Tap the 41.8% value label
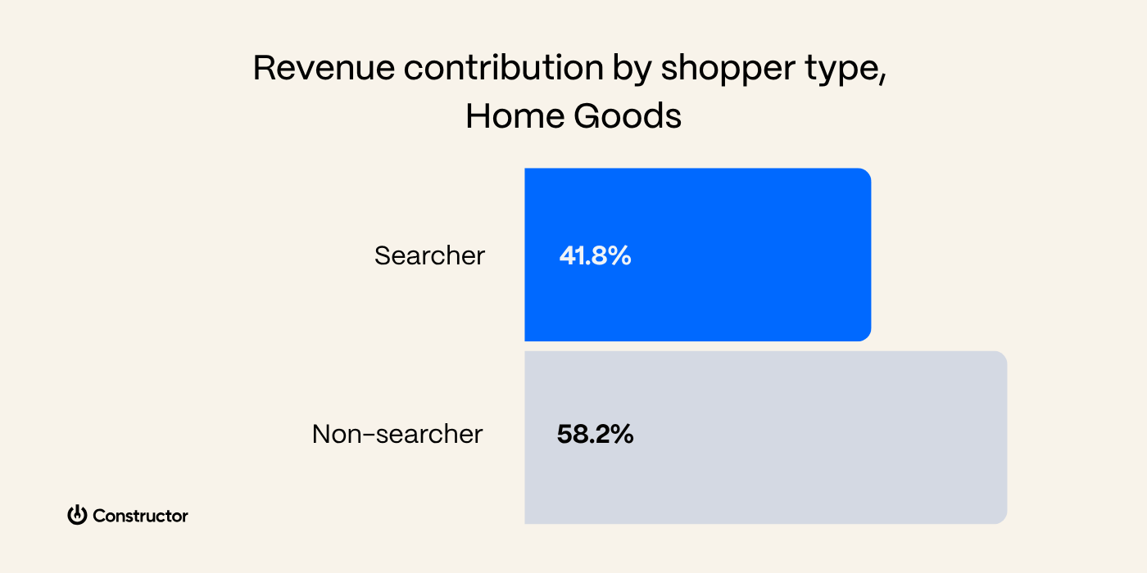pyautogui.click(x=595, y=256)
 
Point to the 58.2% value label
pyautogui.click(x=595, y=435)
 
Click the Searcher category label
pyautogui.click(x=429, y=256)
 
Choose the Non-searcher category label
pyautogui.click(x=397, y=435)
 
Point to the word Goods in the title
pyautogui.click(x=628, y=117)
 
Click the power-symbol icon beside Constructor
pyautogui.click(x=77, y=515)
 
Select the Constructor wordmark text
pyautogui.click(x=140, y=516)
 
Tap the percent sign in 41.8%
pyautogui.click(x=620, y=256)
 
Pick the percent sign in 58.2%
pyautogui.click(x=622, y=435)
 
